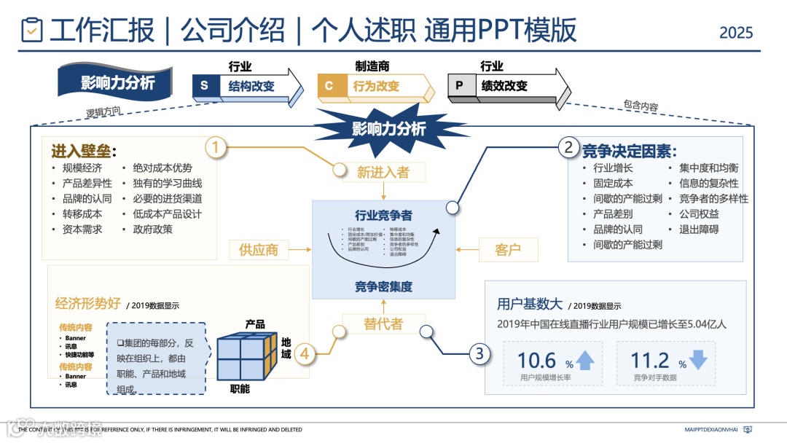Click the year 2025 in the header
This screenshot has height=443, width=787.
[736, 33]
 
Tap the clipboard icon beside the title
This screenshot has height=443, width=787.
[32, 30]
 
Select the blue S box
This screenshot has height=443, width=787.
[204, 86]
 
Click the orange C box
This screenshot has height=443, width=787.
[329, 86]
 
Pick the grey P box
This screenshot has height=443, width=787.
[459, 86]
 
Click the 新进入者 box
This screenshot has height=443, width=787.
[383, 172]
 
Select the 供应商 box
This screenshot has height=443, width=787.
[259, 250]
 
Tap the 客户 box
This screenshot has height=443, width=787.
[508, 250]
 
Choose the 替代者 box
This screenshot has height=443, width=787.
[383, 324]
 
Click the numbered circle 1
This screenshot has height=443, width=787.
[215, 148]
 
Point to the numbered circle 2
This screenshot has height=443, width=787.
[569, 148]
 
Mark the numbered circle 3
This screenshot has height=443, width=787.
[479, 354]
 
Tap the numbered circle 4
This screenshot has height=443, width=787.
[305, 354]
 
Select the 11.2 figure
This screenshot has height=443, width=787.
[650, 360]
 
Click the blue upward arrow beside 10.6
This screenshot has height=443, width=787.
[585, 360]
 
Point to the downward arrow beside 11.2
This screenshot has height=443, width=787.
[698, 360]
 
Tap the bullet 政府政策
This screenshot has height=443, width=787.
[152, 230]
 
